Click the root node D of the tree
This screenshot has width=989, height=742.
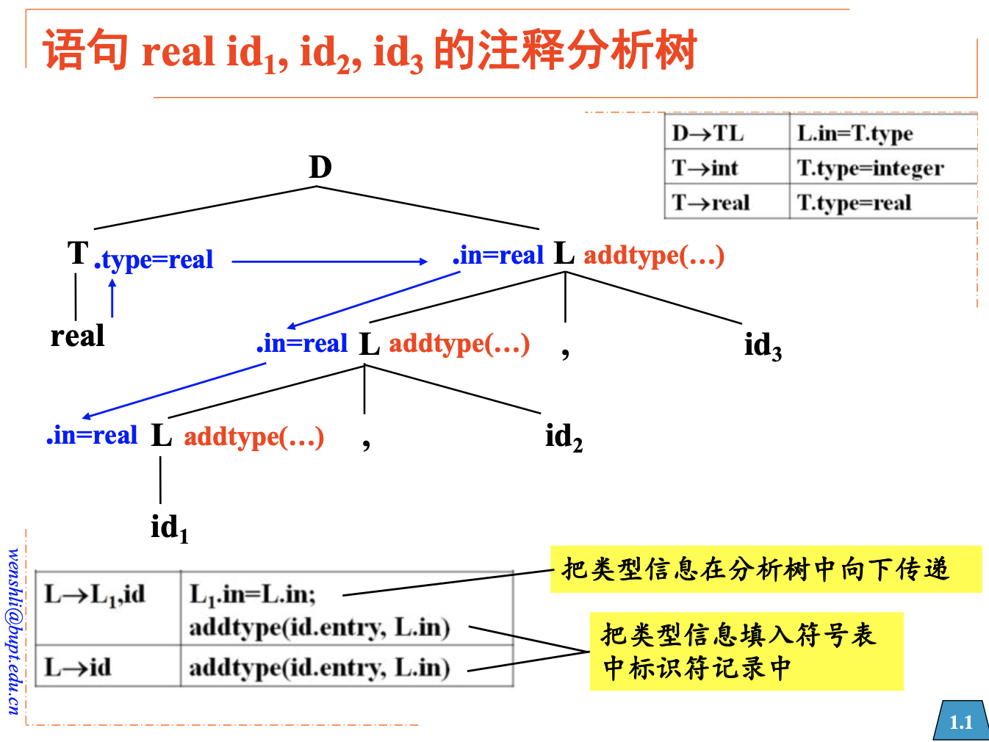(320, 168)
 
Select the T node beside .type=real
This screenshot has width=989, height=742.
(78, 253)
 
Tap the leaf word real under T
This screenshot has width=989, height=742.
(77, 336)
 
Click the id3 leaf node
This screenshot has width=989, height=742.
(762, 345)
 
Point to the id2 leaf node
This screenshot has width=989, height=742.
(563, 437)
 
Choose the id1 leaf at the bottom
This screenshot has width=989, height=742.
(169, 527)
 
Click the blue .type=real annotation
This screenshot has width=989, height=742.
(154, 259)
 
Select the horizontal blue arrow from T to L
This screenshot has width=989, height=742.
(329, 261)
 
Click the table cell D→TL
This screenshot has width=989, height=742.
(708, 134)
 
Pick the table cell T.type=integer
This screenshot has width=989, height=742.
(870, 168)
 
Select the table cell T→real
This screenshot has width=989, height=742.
(711, 203)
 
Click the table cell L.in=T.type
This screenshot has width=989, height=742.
(855, 134)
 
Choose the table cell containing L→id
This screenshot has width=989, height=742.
(79, 667)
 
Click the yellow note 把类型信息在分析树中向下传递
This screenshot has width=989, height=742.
(765, 569)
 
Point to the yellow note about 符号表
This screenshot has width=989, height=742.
(746, 651)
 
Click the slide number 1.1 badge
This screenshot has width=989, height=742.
(960, 721)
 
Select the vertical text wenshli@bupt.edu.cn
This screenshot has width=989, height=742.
(14, 630)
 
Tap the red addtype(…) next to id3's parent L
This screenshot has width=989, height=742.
(654, 256)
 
